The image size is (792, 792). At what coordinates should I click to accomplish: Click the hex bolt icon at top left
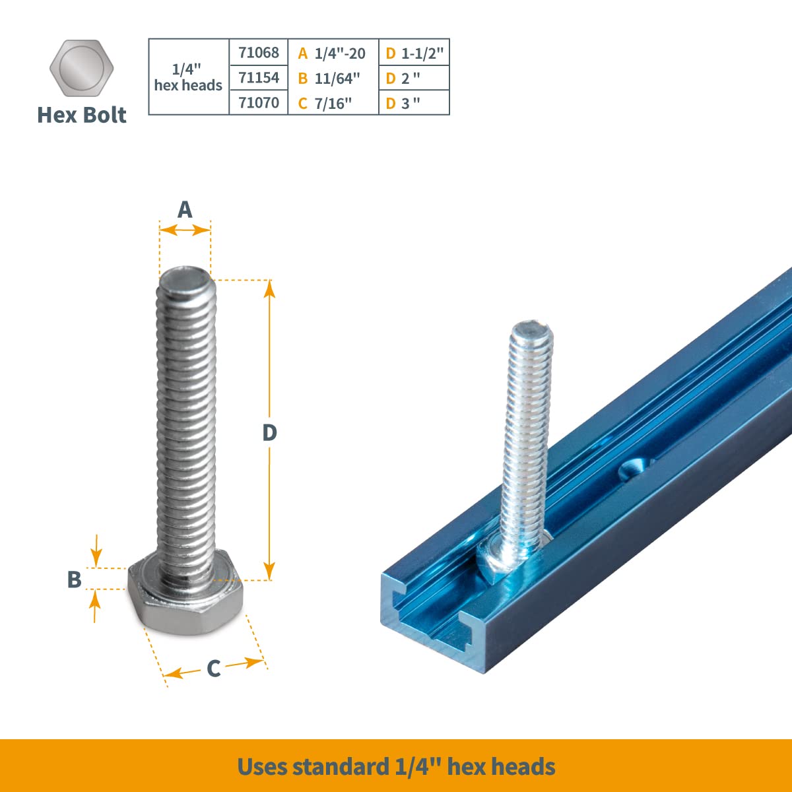[82, 69]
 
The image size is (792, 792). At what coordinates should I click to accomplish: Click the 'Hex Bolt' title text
[82, 115]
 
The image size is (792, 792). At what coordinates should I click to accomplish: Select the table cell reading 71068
[259, 52]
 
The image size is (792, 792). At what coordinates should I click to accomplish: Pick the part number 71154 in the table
[259, 78]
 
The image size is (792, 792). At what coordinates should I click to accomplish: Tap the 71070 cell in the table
[259, 102]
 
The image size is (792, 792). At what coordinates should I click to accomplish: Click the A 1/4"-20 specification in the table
[332, 53]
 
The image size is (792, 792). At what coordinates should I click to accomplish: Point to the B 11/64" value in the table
[329, 79]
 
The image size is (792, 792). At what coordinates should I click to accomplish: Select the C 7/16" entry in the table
[325, 103]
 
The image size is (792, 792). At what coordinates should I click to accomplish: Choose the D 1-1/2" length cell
[414, 53]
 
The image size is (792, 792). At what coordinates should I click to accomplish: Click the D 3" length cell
[403, 103]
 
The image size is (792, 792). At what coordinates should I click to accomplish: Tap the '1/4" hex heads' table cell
[188, 77]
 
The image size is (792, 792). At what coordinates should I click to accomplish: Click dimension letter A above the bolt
[185, 210]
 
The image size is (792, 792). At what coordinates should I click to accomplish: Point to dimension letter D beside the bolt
[269, 433]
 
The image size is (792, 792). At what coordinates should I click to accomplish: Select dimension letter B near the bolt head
[74, 579]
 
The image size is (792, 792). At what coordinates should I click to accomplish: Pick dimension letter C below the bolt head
[213, 669]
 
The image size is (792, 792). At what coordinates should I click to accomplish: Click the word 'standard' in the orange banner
[341, 767]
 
